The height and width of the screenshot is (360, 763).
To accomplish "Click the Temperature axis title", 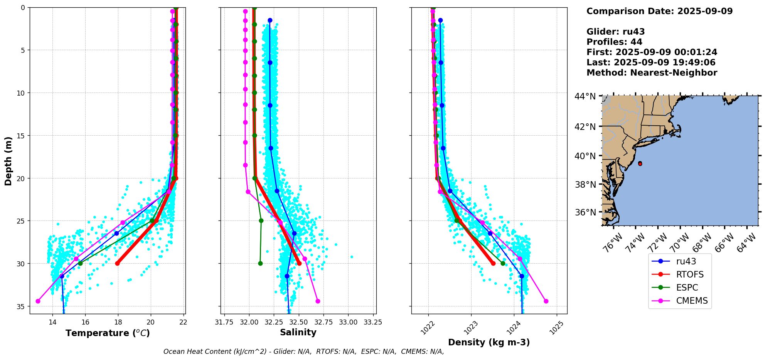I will coord(108,333).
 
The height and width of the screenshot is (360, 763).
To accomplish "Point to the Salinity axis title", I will coord(298,332).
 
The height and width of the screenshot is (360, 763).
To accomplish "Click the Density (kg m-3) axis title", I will coord(489,342).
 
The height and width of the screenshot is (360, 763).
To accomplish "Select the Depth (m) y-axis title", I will coord(8,161).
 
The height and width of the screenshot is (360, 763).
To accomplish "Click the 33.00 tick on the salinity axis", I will coord(348,322).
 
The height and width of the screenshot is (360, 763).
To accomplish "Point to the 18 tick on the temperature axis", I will coord(118,322).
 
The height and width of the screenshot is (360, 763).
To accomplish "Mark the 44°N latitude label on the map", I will coord(585,96).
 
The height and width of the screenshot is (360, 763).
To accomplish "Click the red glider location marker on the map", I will coord(640,163).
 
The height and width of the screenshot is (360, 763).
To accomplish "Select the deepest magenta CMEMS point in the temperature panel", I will coord(38,301).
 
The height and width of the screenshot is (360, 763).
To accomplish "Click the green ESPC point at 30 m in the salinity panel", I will coord(260,264).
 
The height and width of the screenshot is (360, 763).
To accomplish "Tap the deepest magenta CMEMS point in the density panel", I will coord(546,301).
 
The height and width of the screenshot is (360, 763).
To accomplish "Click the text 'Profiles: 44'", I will coord(614,42).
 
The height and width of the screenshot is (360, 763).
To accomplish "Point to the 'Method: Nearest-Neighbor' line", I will coord(652,73).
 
